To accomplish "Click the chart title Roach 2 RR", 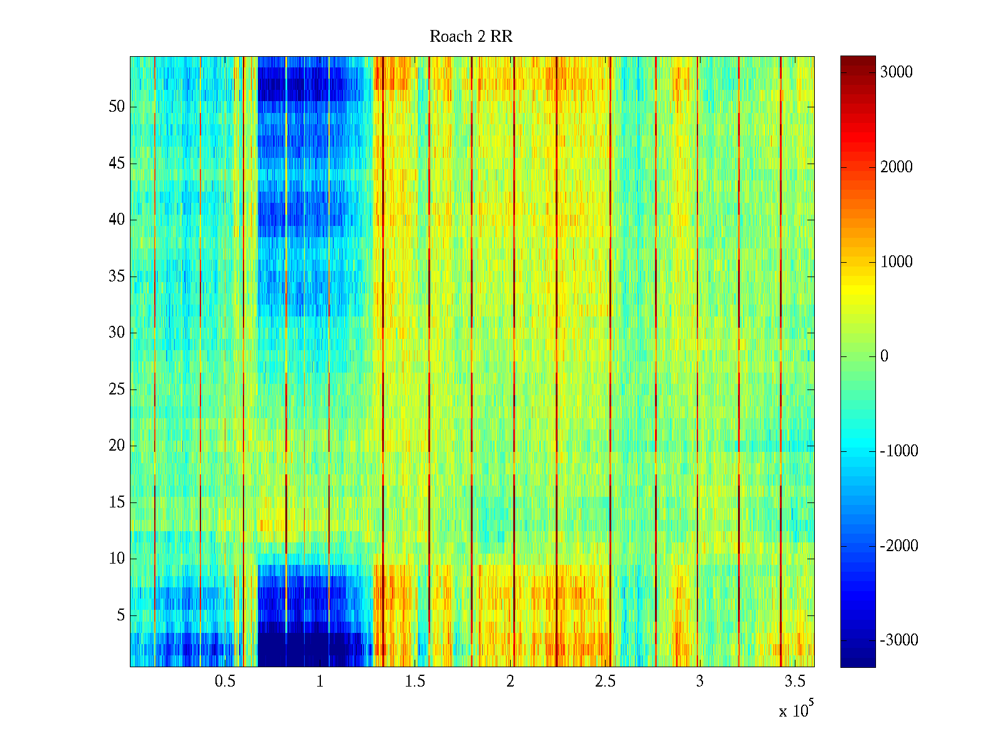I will point(471,37).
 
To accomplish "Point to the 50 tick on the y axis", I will point(117,107).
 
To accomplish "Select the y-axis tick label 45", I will point(117,164).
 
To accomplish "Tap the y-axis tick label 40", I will point(117,220).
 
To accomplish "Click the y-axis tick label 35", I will point(117,277).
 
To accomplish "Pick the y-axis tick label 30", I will point(117,333).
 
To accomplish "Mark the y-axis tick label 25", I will point(117,389).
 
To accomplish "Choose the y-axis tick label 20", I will point(117,446).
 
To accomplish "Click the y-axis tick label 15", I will point(117,502).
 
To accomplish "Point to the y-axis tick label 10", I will point(117,559).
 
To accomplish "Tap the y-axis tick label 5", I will point(121,615).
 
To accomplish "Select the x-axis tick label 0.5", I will point(225,682).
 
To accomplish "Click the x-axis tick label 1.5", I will point(415,682).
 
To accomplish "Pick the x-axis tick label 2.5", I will point(605,682).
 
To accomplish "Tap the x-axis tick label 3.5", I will point(795,682).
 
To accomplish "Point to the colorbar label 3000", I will point(897,72).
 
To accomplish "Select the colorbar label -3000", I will point(899,640).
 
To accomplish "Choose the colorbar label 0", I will point(884,356).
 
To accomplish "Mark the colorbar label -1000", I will point(899,451).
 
